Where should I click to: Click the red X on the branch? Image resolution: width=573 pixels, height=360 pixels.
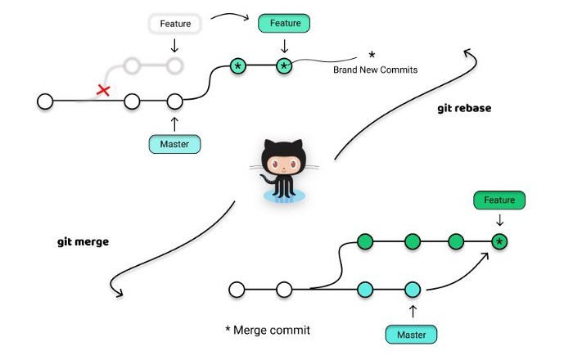pos(103,90)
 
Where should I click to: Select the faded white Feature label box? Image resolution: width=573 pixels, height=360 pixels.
pos(175,24)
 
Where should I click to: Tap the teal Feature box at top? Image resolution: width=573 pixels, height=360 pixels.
pos(284,24)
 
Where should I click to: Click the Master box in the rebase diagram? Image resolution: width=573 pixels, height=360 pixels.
pos(174,145)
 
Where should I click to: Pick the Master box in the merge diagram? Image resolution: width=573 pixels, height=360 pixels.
pos(411,333)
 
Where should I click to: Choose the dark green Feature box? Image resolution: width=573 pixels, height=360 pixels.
pos(499,200)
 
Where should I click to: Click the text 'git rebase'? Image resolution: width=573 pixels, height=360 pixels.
pos(464,108)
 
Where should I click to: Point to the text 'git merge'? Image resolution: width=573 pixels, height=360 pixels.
pos(83,242)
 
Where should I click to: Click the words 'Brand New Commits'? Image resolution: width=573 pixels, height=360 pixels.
pos(375,70)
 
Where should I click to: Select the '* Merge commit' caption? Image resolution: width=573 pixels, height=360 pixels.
pos(268,330)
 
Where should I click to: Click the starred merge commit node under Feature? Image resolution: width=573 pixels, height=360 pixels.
pos(499,241)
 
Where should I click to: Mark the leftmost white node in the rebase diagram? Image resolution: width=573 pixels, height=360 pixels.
pos(45,101)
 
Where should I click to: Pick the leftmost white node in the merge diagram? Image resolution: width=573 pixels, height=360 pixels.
pos(237,289)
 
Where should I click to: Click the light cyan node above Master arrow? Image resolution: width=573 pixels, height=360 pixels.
pos(412,289)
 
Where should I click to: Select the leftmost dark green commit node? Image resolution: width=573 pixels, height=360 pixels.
pos(365,241)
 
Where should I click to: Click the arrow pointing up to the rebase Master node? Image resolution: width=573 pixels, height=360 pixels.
pos(174,124)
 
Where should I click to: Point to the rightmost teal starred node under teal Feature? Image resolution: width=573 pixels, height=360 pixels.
pos(284,65)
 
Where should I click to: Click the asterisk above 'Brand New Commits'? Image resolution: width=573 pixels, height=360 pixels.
pos(372,55)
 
